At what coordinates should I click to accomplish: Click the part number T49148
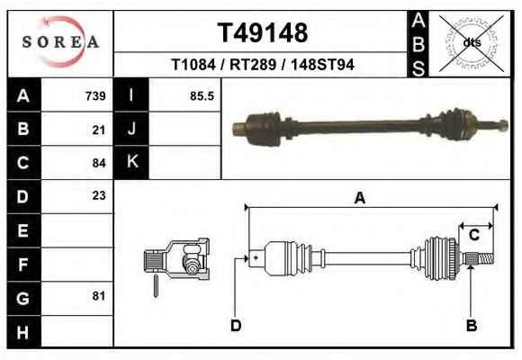[x=263, y=32]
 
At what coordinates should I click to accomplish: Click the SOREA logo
[x=60, y=42]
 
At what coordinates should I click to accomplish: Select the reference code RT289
[x=253, y=64]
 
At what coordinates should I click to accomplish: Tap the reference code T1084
[x=193, y=64]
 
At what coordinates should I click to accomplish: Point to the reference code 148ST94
[x=322, y=64]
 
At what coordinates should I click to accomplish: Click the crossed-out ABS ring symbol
[x=472, y=43]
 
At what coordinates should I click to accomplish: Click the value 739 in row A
[x=95, y=96]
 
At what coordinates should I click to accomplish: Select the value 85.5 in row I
[x=202, y=96]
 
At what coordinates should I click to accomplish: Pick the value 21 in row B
[x=99, y=130]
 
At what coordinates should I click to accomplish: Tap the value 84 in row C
[x=99, y=163]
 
